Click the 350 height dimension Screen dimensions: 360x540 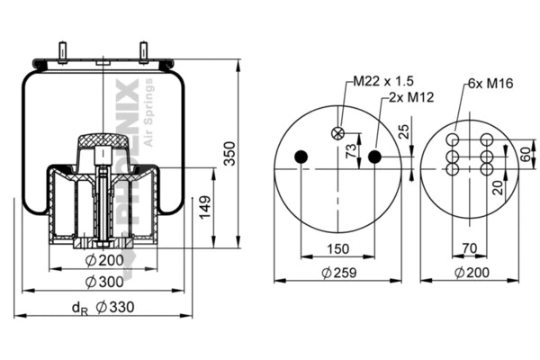pos(230,155)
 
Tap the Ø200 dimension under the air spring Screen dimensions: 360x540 pos(104,261)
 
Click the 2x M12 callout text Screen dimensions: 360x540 pos(408,98)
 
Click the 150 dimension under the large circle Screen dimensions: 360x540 pos(337,248)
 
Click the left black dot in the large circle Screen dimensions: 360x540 pos(301,157)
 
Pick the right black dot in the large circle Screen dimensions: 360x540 pos(374,157)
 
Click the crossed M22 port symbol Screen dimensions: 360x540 pos(338,132)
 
